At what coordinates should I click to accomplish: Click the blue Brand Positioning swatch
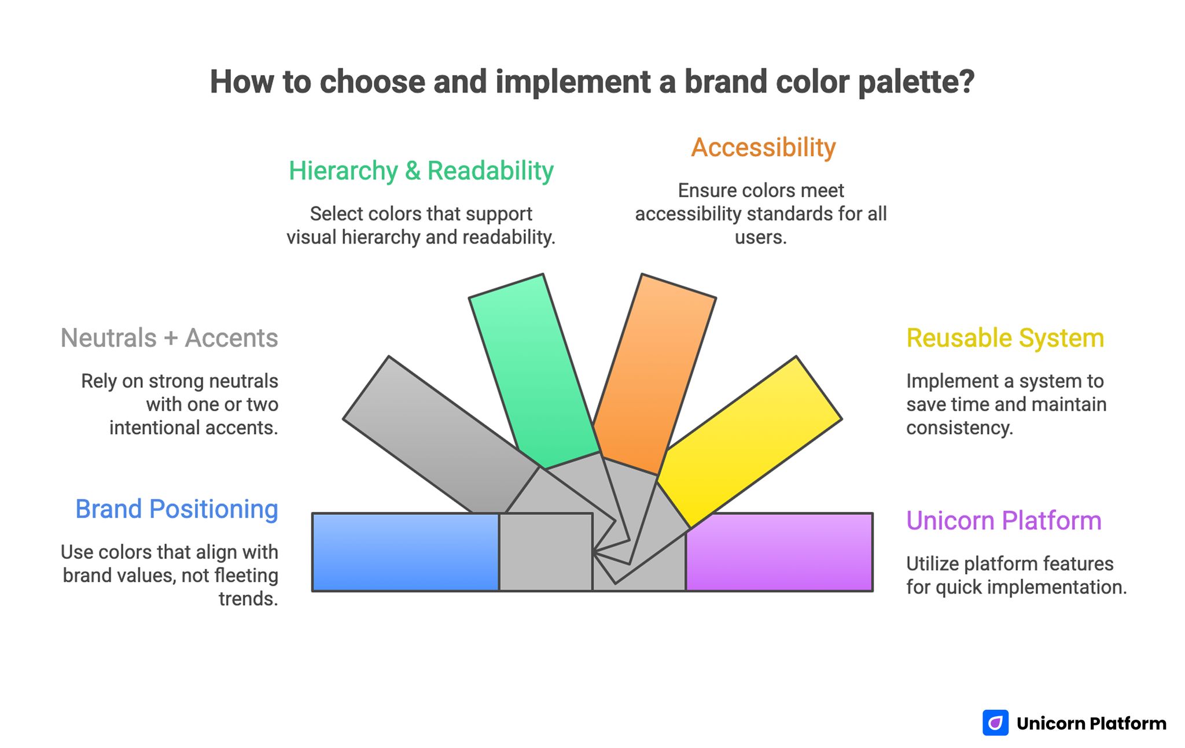point(405,552)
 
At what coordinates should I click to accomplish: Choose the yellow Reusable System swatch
point(752,440)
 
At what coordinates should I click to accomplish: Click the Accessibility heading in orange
point(763,148)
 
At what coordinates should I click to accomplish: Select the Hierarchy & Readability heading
point(421,171)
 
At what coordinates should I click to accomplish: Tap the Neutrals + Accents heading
point(169,338)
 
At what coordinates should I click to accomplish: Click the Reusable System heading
point(1005,338)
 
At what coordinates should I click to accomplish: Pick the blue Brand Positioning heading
point(176,509)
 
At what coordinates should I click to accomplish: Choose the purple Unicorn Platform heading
point(1003,521)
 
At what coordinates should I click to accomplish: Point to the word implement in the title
point(573,82)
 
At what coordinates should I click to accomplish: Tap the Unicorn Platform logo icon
point(995,723)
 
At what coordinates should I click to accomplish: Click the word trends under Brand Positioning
point(248,599)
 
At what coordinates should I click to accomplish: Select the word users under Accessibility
point(760,237)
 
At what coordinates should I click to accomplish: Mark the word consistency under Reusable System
point(959,428)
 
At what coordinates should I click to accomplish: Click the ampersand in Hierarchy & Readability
point(413,171)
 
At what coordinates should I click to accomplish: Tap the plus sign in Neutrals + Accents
point(170,338)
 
